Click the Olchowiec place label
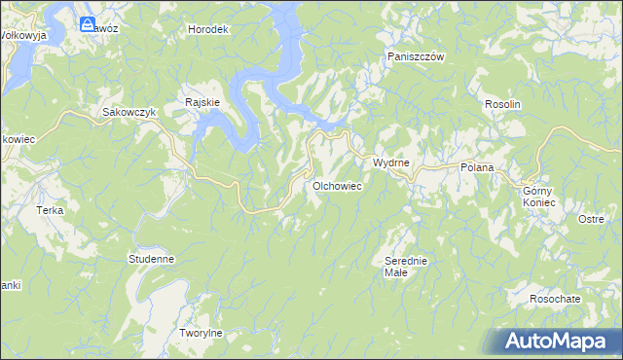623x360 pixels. tap(338, 185)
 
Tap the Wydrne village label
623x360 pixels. tap(390, 162)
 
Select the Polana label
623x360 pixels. tap(477, 168)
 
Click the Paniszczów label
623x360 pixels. tap(416, 57)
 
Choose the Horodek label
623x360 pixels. tap(207, 29)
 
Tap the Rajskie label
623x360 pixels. tap(202, 101)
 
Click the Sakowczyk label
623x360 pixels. tap(129, 112)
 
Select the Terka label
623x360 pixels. tap(49, 210)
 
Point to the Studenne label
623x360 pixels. tap(151, 259)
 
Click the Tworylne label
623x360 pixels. tap(202, 333)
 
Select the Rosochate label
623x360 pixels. tap(556, 299)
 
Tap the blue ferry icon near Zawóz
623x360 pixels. tap(88, 23)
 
